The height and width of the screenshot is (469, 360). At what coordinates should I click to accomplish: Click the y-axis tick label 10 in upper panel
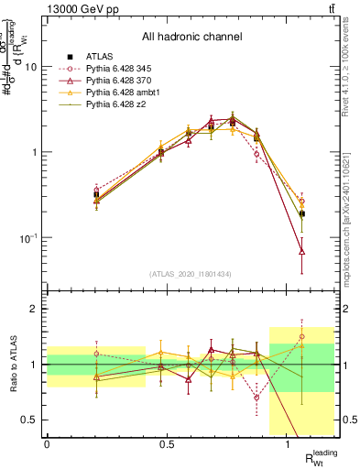point(32,68)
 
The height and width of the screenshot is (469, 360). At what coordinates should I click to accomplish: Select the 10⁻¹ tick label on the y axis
point(29,238)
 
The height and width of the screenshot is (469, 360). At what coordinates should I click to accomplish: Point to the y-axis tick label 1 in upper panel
point(35,153)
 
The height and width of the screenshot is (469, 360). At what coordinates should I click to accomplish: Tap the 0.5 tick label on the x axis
point(167,443)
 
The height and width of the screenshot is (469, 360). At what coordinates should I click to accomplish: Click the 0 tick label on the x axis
point(47,443)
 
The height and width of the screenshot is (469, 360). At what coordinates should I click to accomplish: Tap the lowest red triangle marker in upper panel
point(301,251)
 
